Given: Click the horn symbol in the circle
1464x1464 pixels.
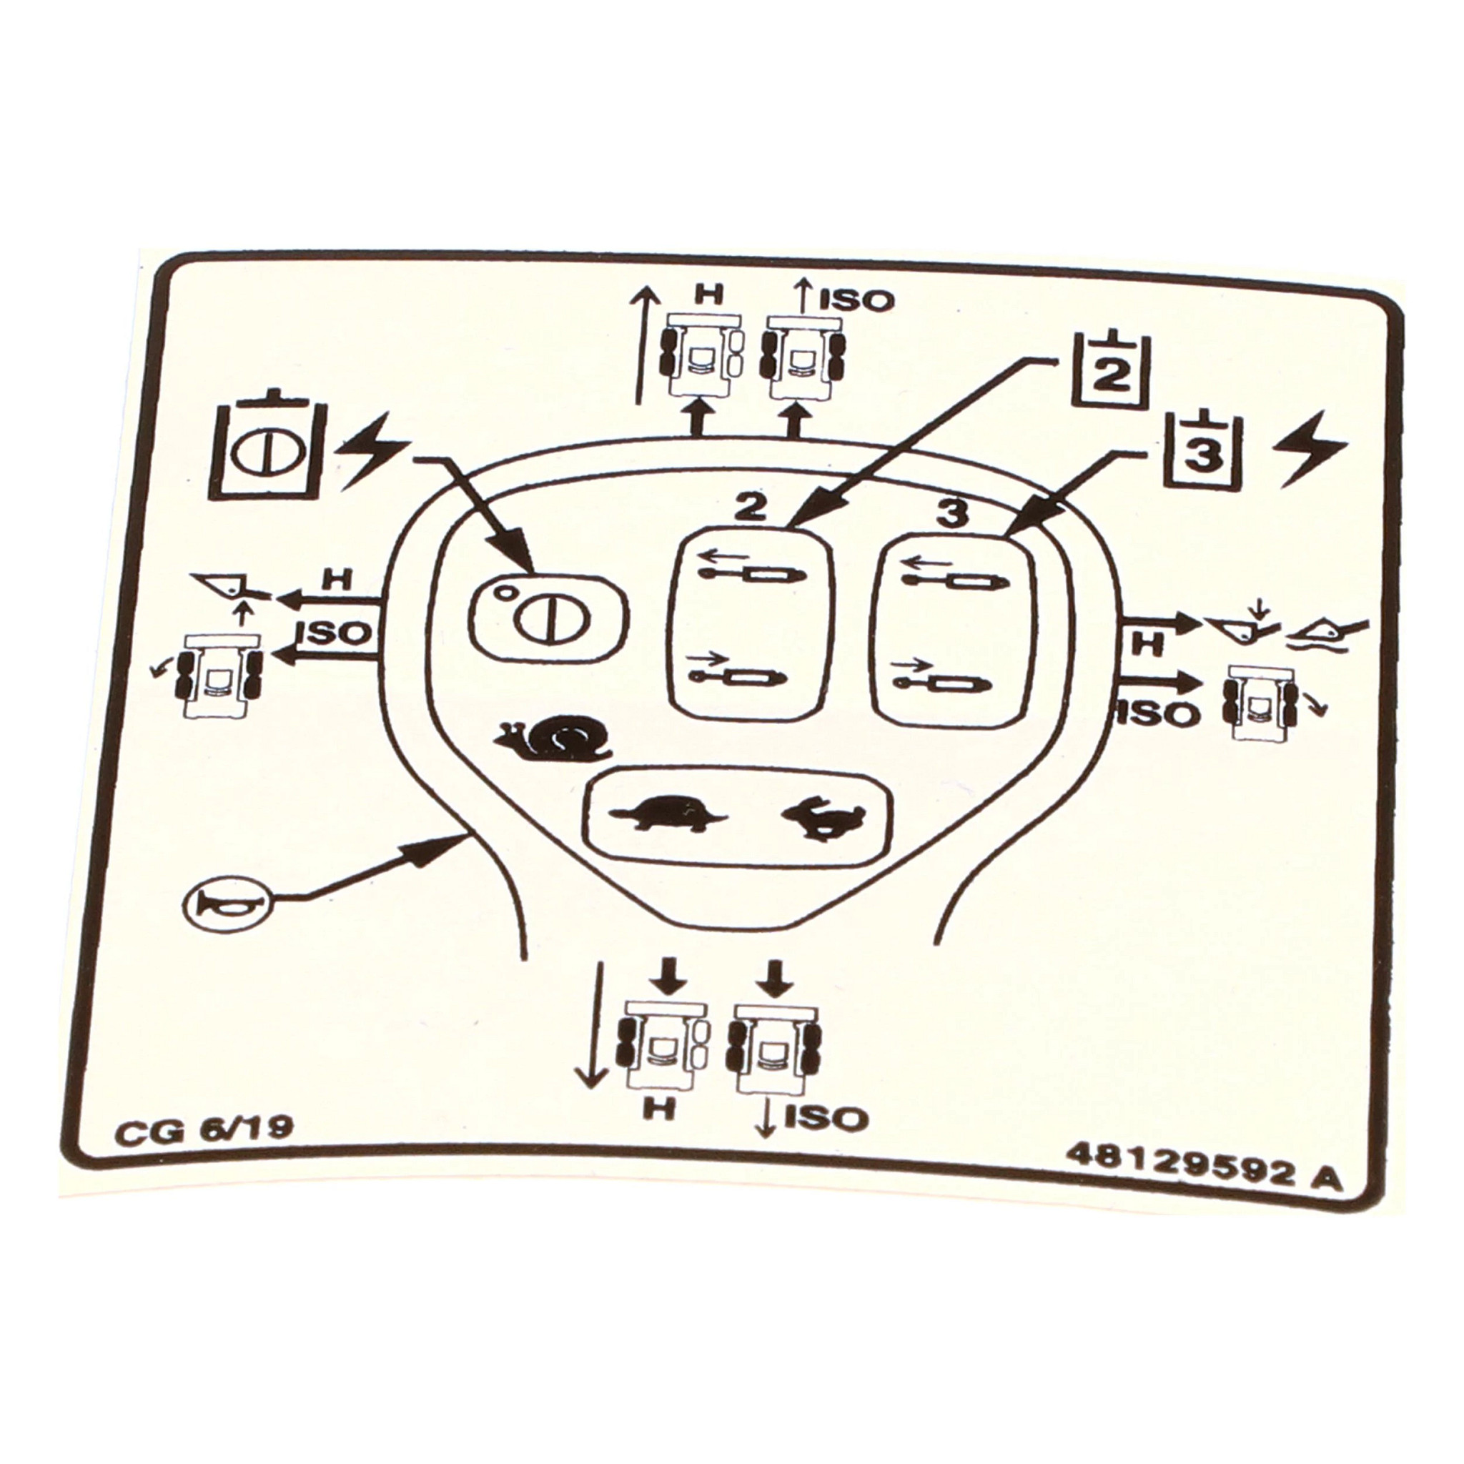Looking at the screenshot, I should coord(225,904).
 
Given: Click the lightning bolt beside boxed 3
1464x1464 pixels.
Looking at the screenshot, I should coord(1310,450).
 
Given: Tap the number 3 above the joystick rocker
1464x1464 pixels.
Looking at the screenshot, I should coord(952,513).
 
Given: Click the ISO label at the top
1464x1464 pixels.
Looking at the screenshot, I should coord(857,301).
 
